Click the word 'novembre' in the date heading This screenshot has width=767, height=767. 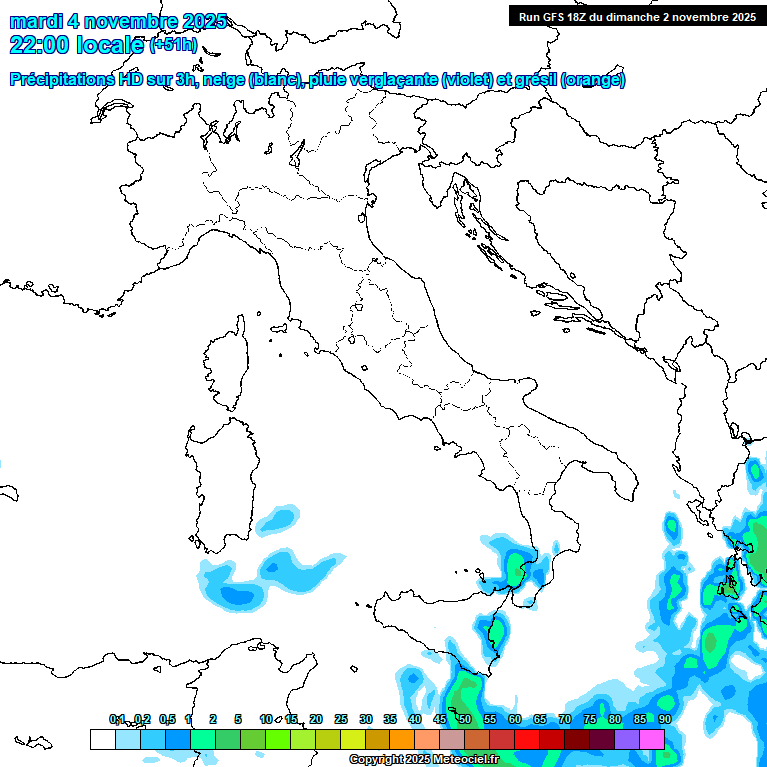click(x=129, y=21)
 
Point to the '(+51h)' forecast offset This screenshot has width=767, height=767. click(x=173, y=45)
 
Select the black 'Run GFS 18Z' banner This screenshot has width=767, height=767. click(x=636, y=16)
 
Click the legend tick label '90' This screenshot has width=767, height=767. click(x=664, y=719)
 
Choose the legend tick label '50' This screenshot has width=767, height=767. click(x=465, y=719)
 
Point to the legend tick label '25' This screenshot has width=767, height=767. click(x=341, y=719)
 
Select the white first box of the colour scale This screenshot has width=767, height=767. click(x=102, y=739)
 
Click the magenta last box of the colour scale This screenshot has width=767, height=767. click(x=652, y=739)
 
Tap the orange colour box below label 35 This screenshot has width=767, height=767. click(x=402, y=739)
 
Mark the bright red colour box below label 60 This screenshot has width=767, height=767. click(x=527, y=739)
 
